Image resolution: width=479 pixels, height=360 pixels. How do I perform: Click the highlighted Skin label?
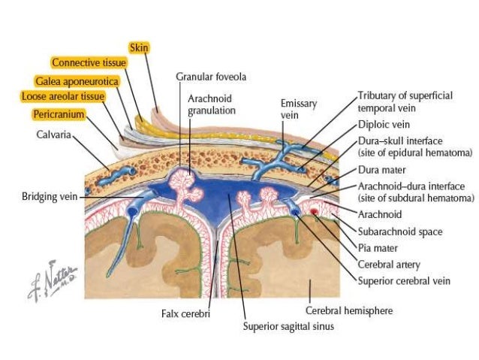(x=139, y=47)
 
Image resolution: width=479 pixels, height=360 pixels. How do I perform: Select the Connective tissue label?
(x=88, y=62)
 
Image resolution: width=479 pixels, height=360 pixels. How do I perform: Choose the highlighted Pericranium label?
(x=58, y=114)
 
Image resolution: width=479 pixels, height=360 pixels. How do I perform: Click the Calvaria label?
(x=53, y=136)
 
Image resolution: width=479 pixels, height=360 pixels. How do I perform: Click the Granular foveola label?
(x=211, y=77)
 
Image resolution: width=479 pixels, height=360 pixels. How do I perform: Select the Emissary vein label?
(x=299, y=107)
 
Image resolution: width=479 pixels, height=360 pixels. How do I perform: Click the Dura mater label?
(x=380, y=171)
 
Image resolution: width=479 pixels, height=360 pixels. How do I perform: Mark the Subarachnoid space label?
(x=399, y=231)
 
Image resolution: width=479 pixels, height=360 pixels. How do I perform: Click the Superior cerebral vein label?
(x=404, y=281)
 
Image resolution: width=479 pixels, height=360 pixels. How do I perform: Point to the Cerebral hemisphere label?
(x=348, y=310)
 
